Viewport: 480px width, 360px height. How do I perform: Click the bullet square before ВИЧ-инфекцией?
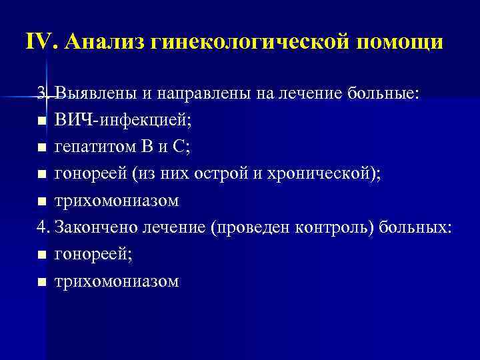(x=42, y=121)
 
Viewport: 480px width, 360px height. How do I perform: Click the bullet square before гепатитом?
(x=42, y=148)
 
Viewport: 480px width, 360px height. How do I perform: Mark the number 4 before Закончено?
(x=42, y=227)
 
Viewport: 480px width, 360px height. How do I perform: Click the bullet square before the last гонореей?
(x=42, y=255)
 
